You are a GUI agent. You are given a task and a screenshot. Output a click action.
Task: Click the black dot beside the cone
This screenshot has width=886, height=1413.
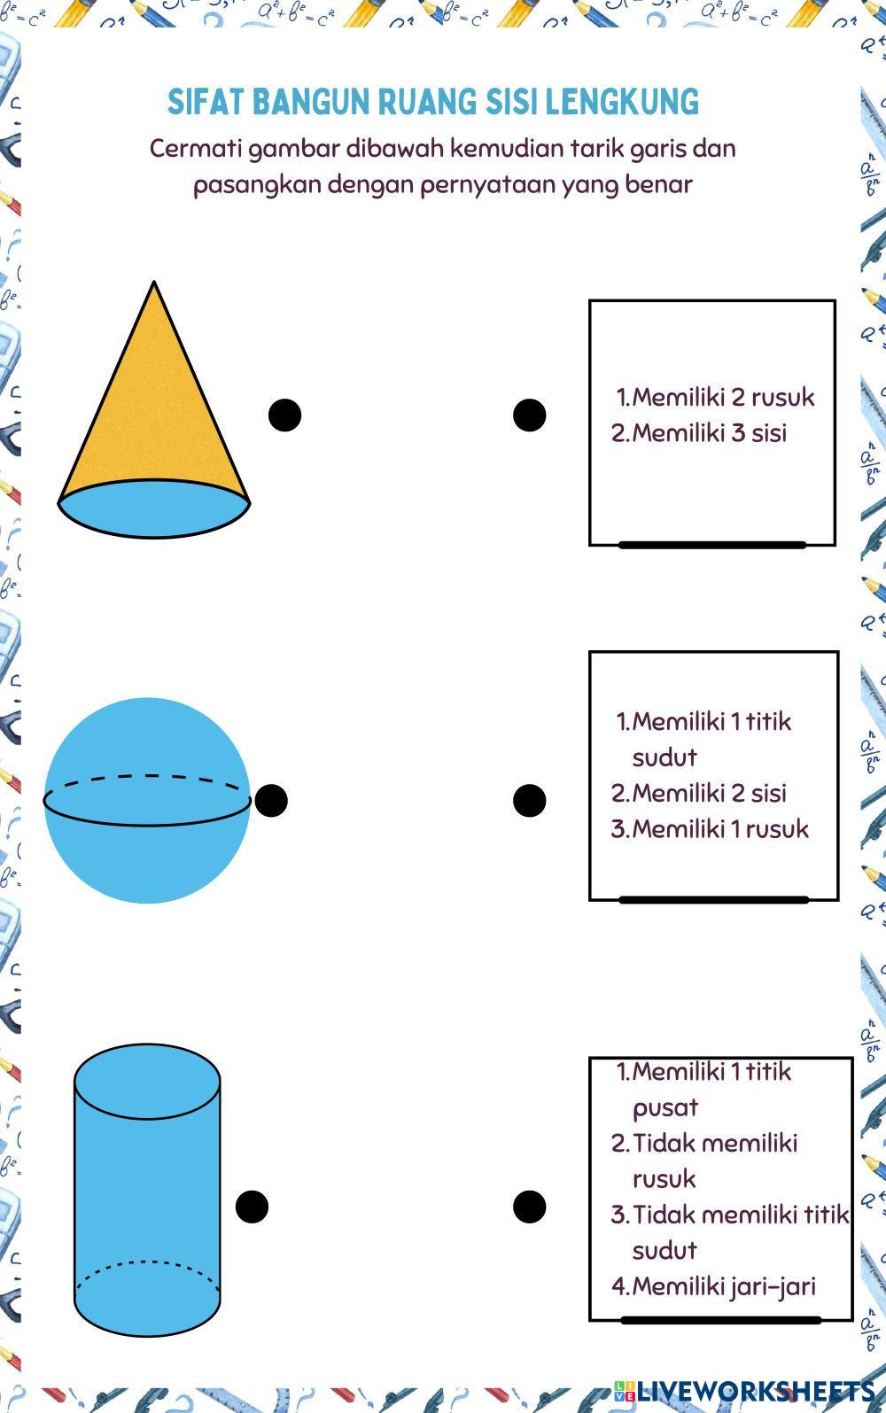284,415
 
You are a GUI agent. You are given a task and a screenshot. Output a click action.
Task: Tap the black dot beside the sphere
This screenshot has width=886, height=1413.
270,800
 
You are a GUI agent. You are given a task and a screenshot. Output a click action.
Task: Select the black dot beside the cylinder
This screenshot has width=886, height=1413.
252,1206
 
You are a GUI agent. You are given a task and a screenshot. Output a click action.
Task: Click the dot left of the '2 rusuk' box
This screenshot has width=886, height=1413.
529,415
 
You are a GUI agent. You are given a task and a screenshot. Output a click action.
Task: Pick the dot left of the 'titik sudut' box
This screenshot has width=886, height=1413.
529,800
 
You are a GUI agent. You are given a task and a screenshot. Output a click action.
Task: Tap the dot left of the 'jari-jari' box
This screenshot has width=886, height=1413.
529,1206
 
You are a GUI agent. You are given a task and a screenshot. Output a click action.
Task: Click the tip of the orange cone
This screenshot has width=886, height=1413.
154,285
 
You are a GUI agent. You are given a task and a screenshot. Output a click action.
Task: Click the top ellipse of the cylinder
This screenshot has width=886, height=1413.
147,1081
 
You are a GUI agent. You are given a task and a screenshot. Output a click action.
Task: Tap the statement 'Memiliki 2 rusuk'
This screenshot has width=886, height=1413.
716,397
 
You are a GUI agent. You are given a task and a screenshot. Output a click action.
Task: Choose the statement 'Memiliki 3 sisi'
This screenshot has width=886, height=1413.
700,433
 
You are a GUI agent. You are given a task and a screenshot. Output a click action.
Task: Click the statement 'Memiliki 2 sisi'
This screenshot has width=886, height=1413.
700,793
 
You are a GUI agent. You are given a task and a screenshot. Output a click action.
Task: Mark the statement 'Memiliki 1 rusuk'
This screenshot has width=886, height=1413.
711,829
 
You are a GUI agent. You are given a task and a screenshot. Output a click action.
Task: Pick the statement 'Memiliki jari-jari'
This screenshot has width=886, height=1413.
714,1285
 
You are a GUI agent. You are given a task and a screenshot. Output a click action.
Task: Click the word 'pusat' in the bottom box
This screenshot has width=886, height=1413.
665,1108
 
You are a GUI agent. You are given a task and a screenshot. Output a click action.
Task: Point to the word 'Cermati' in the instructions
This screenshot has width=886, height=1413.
195,148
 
